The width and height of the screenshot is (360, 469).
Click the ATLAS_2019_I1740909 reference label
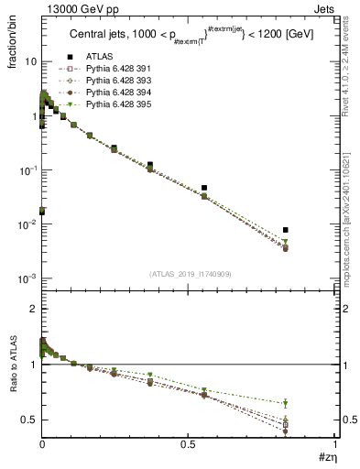189,274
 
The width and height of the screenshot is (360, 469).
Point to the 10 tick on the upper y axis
30,61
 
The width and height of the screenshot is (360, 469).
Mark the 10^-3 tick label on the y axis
27,278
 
